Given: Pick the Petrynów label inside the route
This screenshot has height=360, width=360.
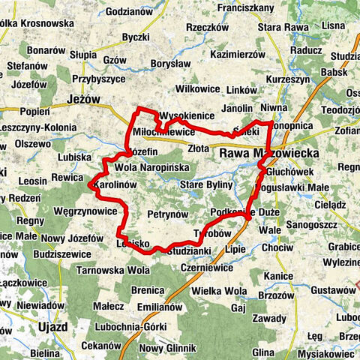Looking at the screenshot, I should click(167, 214).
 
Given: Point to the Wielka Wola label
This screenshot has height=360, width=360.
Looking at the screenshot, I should click(219, 290).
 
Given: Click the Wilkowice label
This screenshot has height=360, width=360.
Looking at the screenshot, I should click(199, 88).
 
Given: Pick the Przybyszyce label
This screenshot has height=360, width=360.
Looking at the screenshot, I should click(98, 78).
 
